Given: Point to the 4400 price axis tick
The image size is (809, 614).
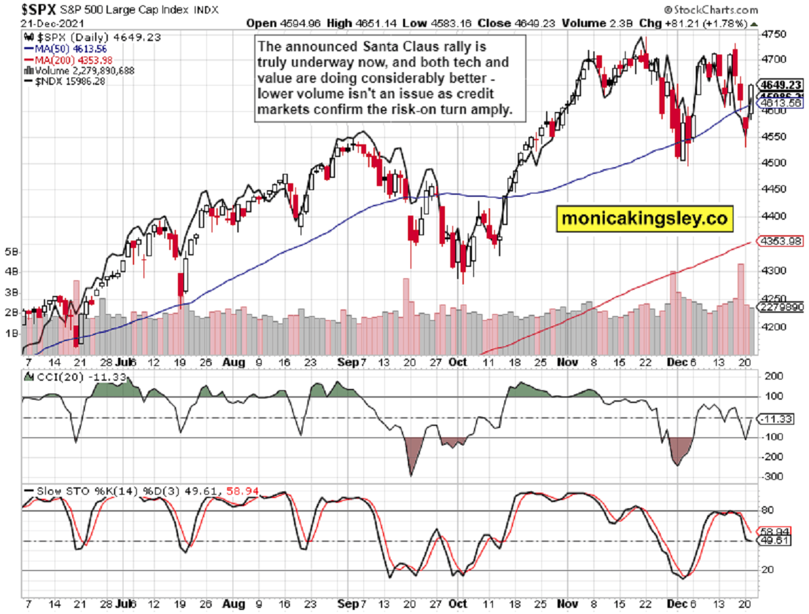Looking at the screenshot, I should point(769,216).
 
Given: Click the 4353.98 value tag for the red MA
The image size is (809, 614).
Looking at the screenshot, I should point(778,241).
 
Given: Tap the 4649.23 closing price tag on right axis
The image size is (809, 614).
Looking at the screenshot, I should point(779,85).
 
